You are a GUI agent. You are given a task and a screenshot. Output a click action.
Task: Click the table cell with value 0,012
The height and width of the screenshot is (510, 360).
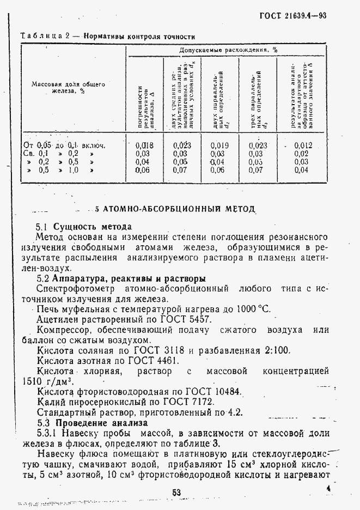302,145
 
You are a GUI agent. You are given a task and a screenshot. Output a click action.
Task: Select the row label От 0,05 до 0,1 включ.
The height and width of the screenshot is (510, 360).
64,145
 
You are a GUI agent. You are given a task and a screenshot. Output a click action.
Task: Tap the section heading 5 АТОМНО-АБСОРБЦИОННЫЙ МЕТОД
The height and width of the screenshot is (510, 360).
175,209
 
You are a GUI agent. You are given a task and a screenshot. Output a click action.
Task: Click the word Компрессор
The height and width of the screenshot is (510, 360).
65,330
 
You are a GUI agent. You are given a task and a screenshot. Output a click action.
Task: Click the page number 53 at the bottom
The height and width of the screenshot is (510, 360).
176,493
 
